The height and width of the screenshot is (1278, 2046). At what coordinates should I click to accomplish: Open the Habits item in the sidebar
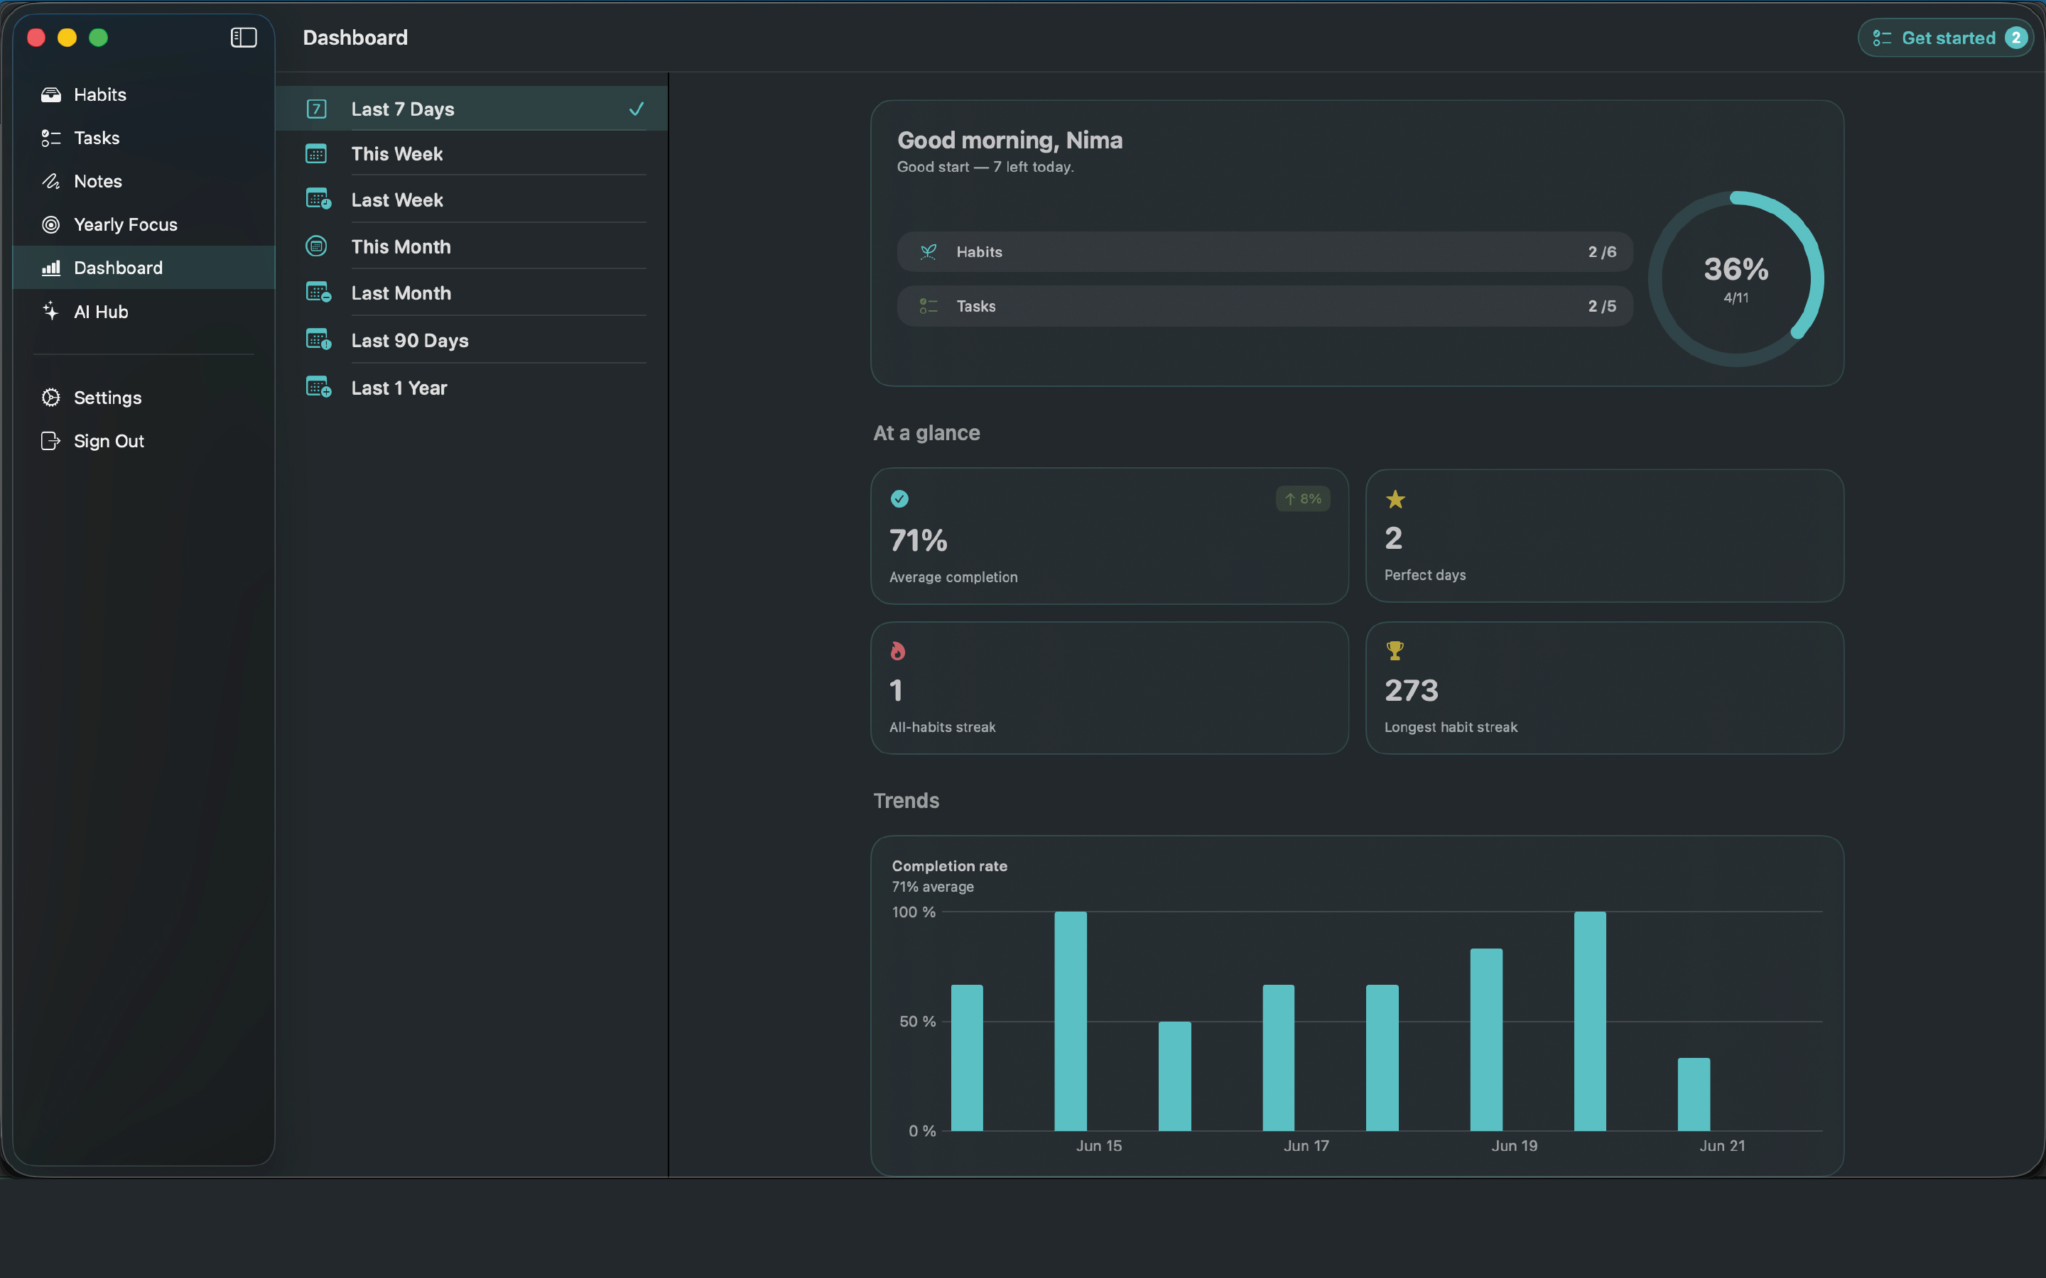click(x=99, y=94)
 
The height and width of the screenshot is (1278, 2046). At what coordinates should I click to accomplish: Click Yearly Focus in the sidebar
click(x=125, y=225)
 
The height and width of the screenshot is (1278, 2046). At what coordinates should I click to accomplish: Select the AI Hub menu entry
click(x=101, y=312)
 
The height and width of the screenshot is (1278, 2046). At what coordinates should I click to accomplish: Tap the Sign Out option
click(x=108, y=441)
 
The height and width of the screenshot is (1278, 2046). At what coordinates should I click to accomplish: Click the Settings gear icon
click(x=50, y=398)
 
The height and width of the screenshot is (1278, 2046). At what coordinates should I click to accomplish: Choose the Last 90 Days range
click(x=409, y=341)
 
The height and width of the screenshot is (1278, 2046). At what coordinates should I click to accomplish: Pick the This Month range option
click(x=401, y=247)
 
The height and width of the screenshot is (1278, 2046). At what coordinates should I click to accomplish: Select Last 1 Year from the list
click(x=399, y=388)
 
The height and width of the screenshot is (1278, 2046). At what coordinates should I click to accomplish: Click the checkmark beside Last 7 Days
click(x=637, y=109)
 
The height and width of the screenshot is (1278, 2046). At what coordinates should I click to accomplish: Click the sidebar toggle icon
click(x=244, y=37)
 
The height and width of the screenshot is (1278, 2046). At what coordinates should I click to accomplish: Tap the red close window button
click(x=36, y=37)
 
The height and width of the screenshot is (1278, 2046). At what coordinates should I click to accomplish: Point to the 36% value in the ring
click(x=1736, y=270)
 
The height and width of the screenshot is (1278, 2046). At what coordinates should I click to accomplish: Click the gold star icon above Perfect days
click(x=1395, y=500)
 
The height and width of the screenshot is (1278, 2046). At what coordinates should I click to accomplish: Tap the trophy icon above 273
click(x=1395, y=651)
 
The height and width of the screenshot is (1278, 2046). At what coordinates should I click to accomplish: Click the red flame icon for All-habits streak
click(x=898, y=651)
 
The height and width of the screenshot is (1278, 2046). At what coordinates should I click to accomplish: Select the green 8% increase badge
click(x=1303, y=498)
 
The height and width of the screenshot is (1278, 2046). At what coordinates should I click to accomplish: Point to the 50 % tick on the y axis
click(x=917, y=1022)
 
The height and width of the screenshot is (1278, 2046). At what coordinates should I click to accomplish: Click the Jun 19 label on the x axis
click(x=1514, y=1146)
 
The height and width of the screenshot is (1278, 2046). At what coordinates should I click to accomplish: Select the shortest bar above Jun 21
click(x=1694, y=1095)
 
